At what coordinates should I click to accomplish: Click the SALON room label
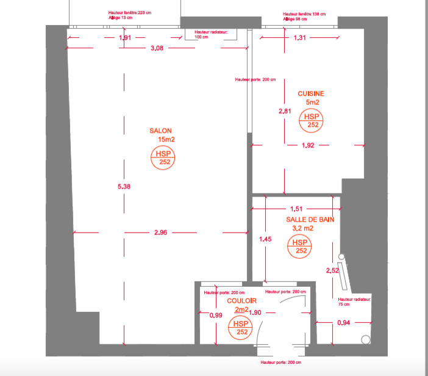coord(161,131)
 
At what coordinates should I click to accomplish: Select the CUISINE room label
coord(311,93)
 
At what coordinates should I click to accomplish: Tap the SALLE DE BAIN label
coord(310,219)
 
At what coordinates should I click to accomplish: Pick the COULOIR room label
coord(241,302)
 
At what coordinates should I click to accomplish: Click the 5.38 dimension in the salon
coord(124,186)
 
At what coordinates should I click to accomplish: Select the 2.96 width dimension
coord(161,233)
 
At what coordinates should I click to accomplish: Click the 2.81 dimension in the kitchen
coord(285,112)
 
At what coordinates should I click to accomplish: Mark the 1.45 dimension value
coord(265,239)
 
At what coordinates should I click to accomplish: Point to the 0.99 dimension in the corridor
coord(215,315)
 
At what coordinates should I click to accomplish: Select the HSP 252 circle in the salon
coord(164,158)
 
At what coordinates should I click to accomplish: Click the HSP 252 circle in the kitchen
coord(312,120)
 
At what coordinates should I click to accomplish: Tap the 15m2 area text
coord(166,140)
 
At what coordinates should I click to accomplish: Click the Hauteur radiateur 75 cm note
coord(354,303)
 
